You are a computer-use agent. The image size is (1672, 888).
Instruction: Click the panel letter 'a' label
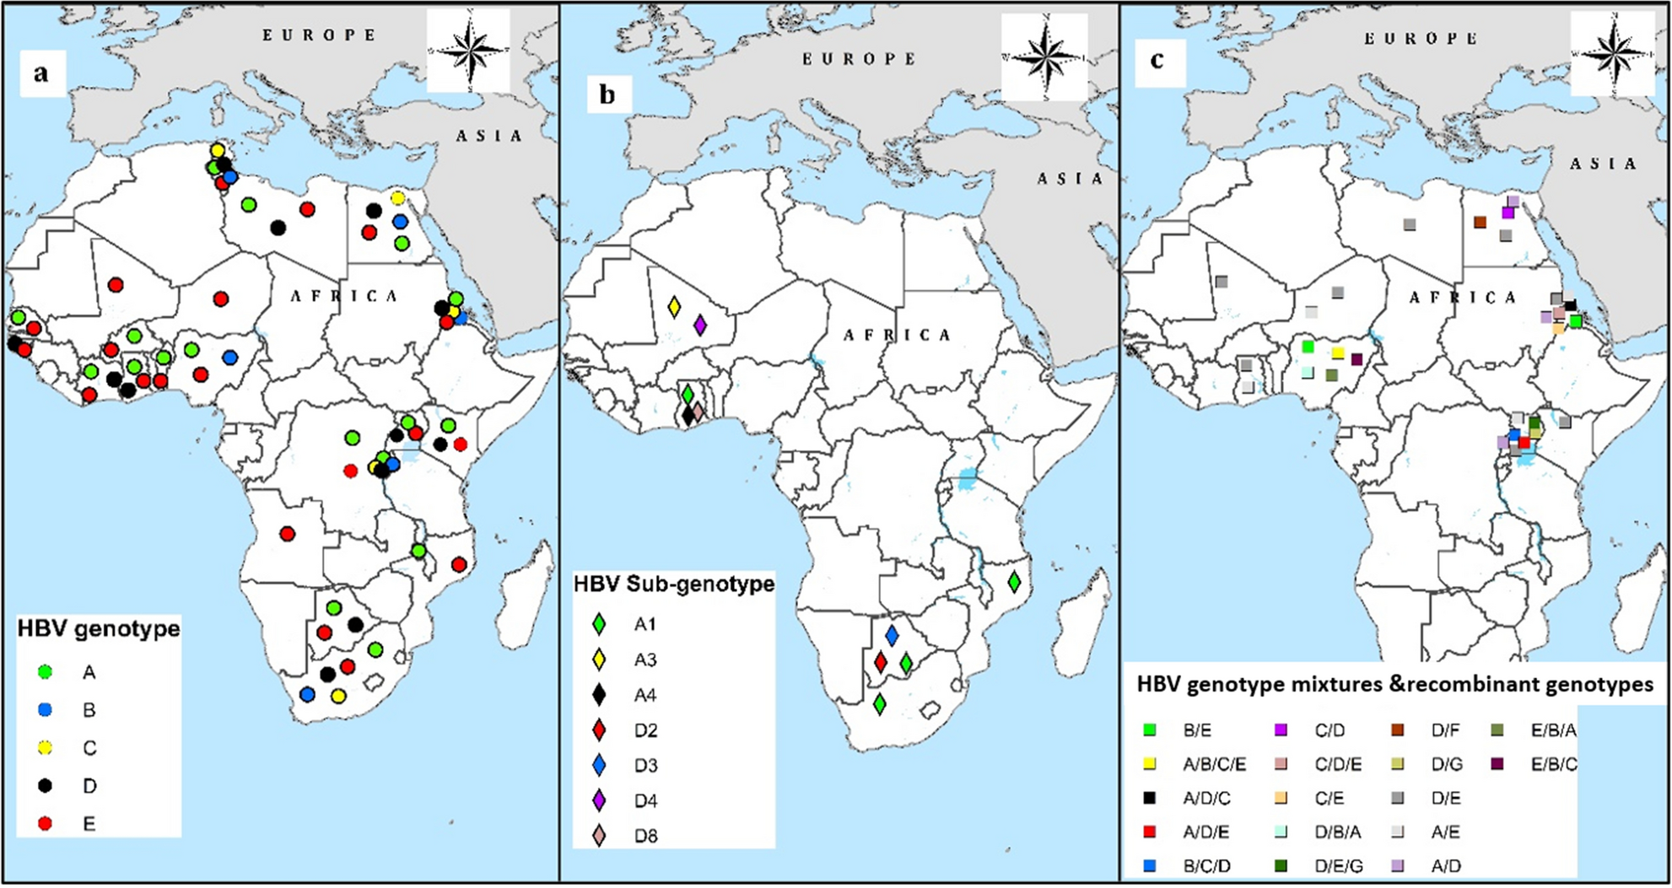(41, 73)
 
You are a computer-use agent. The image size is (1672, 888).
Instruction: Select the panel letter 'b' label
(607, 94)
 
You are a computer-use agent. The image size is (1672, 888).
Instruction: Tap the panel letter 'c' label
(1156, 61)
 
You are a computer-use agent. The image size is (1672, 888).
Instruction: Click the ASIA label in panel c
(1603, 164)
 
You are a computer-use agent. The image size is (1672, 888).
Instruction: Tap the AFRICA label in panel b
(898, 336)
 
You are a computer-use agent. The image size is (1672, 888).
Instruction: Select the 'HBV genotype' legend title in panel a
(99, 629)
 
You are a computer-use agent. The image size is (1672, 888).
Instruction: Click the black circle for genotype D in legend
(46, 786)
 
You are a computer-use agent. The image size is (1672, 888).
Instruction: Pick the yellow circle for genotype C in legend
(46, 748)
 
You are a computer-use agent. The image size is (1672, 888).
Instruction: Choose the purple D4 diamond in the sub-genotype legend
(599, 801)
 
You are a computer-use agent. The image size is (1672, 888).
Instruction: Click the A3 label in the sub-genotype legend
(645, 660)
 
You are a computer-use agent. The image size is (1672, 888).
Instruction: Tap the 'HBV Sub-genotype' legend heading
(673, 584)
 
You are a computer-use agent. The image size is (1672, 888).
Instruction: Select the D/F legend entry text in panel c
(1445, 730)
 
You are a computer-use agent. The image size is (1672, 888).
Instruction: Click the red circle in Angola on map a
(287, 534)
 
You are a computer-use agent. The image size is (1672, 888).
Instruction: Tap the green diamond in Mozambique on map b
(1014, 581)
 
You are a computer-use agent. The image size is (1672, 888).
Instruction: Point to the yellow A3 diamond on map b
(674, 307)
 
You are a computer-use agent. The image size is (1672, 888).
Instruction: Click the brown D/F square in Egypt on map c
(1480, 222)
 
